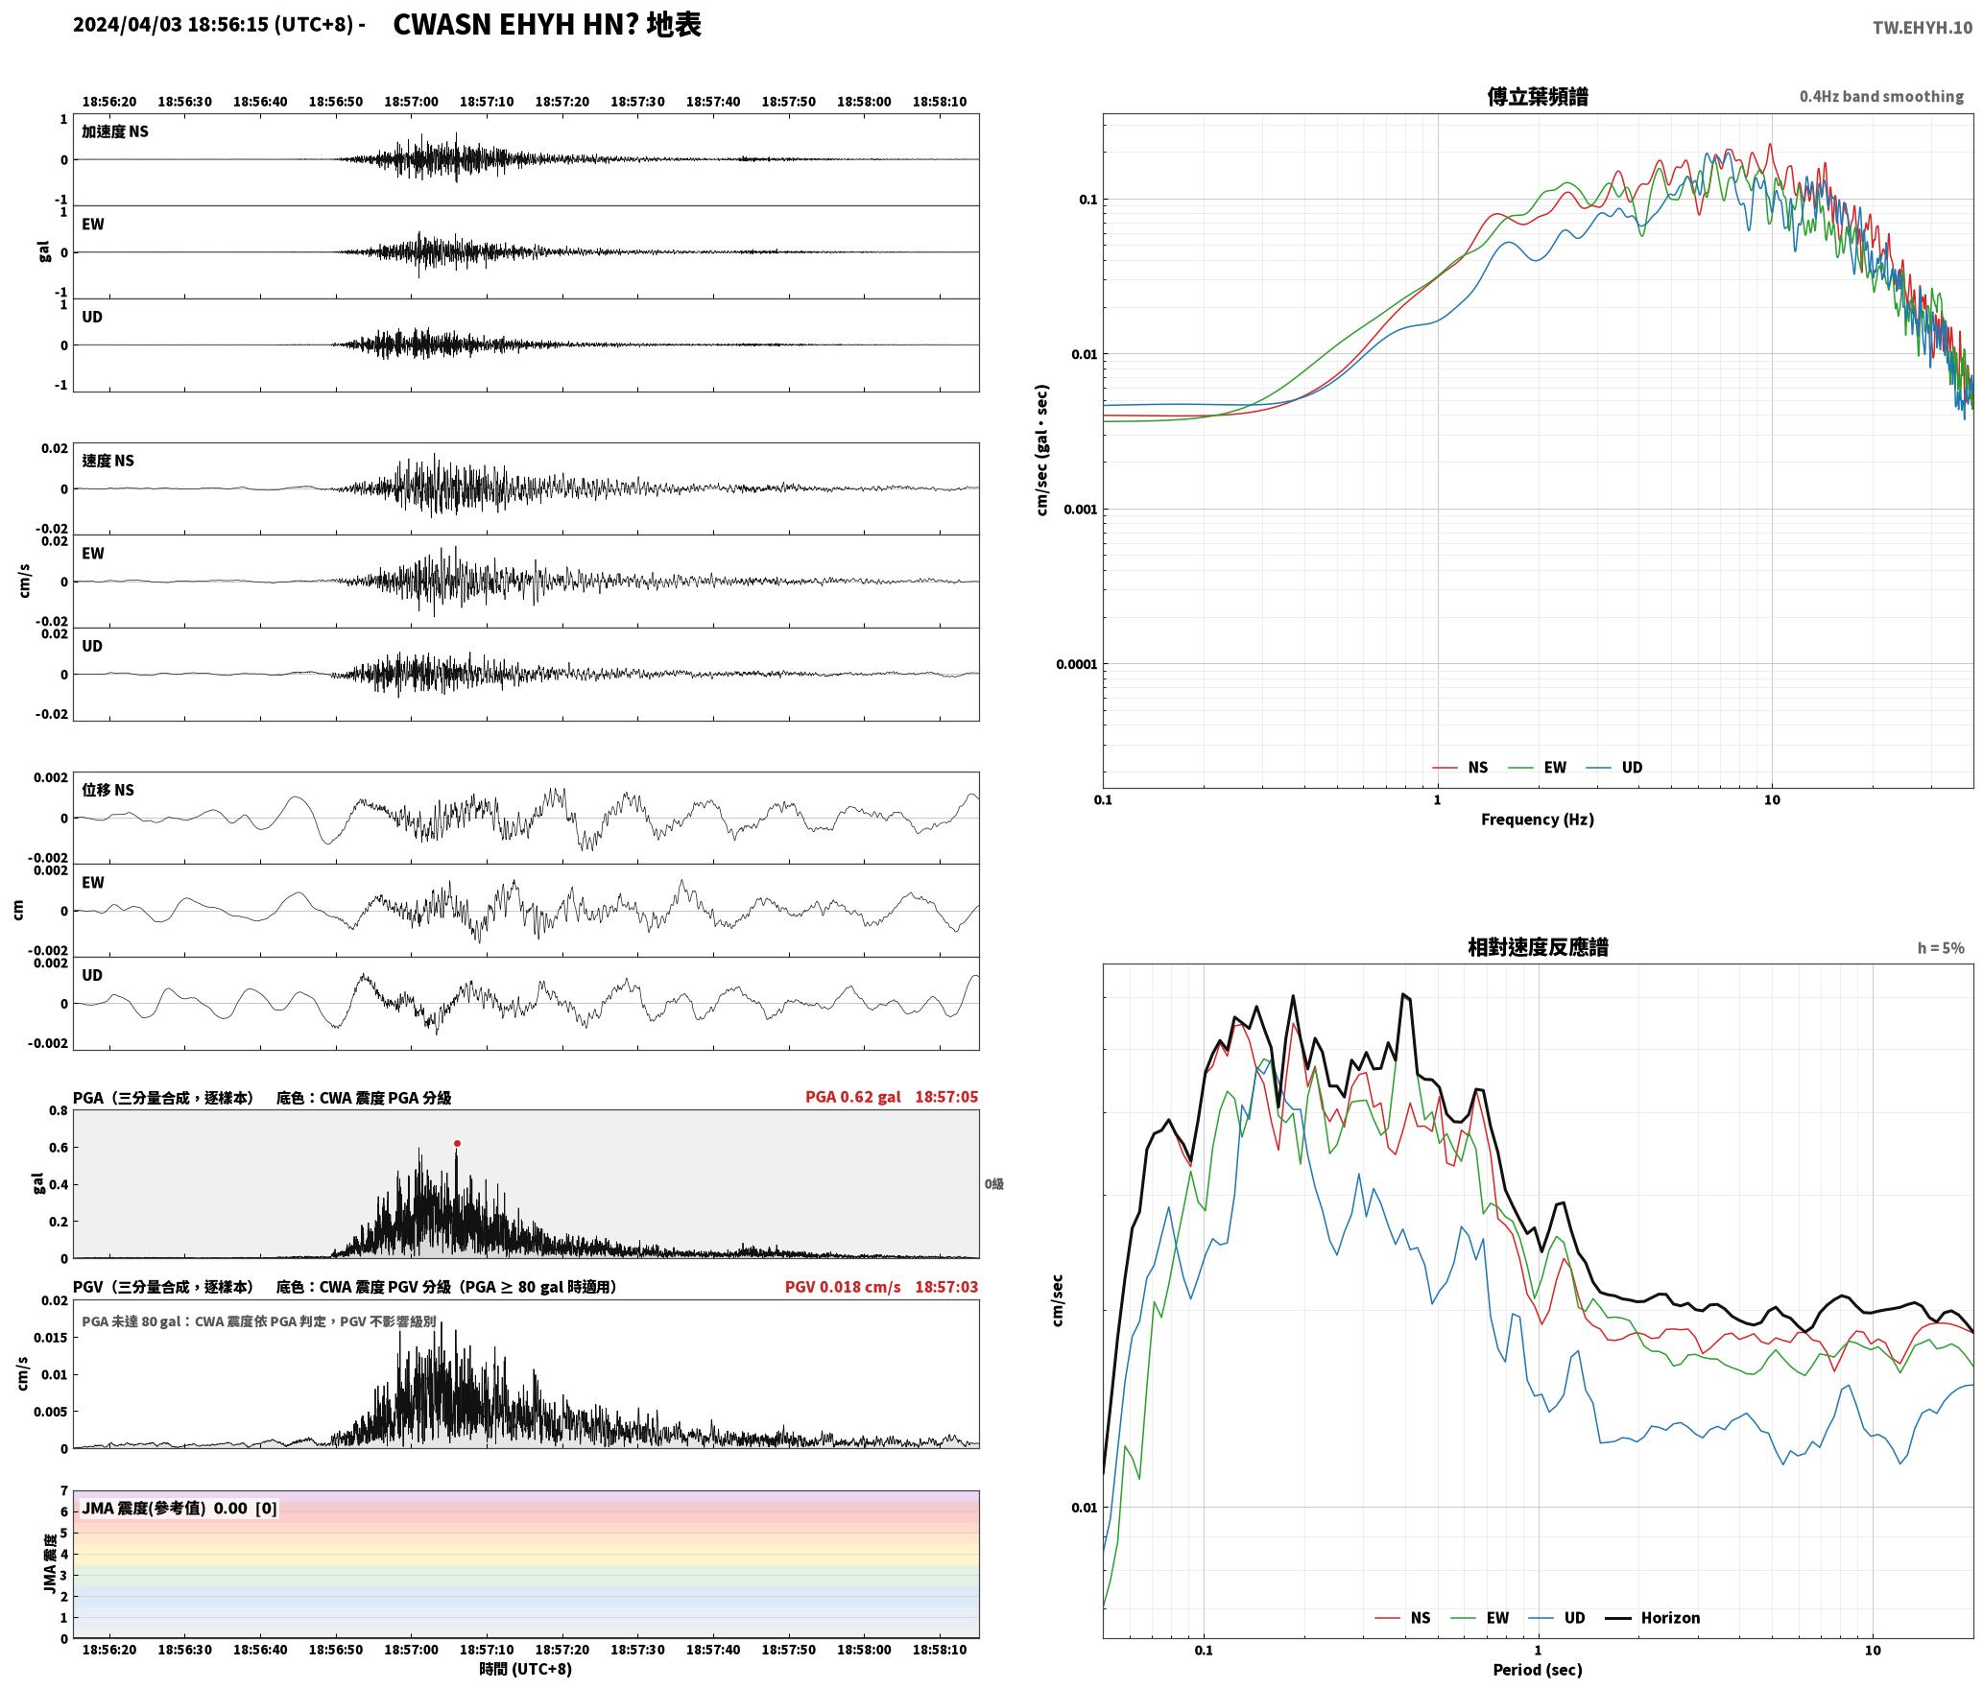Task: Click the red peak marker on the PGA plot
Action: coord(457,1143)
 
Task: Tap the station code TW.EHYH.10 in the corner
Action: coord(1923,27)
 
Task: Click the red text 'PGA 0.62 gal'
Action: coord(852,1097)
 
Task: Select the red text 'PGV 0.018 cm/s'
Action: coord(843,1287)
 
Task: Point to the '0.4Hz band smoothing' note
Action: coord(1881,96)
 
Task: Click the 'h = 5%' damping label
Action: coord(1941,948)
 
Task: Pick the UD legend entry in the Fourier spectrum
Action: coord(1614,768)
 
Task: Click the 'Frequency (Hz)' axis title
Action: coord(1538,820)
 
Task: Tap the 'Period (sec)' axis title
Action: coord(1538,1670)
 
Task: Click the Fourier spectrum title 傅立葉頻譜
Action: coord(1538,96)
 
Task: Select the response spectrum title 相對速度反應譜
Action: coord(1538,947)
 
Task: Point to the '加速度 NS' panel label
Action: coord(115,131)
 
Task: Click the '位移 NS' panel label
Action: coord(108,790)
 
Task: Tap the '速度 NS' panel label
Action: coord(108,461)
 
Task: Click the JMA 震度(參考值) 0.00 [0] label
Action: coord(179,1508)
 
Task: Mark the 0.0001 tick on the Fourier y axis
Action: coord(1077,664)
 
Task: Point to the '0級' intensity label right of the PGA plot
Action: coord(994,1184)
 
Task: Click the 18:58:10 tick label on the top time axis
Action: coord(940,102)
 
